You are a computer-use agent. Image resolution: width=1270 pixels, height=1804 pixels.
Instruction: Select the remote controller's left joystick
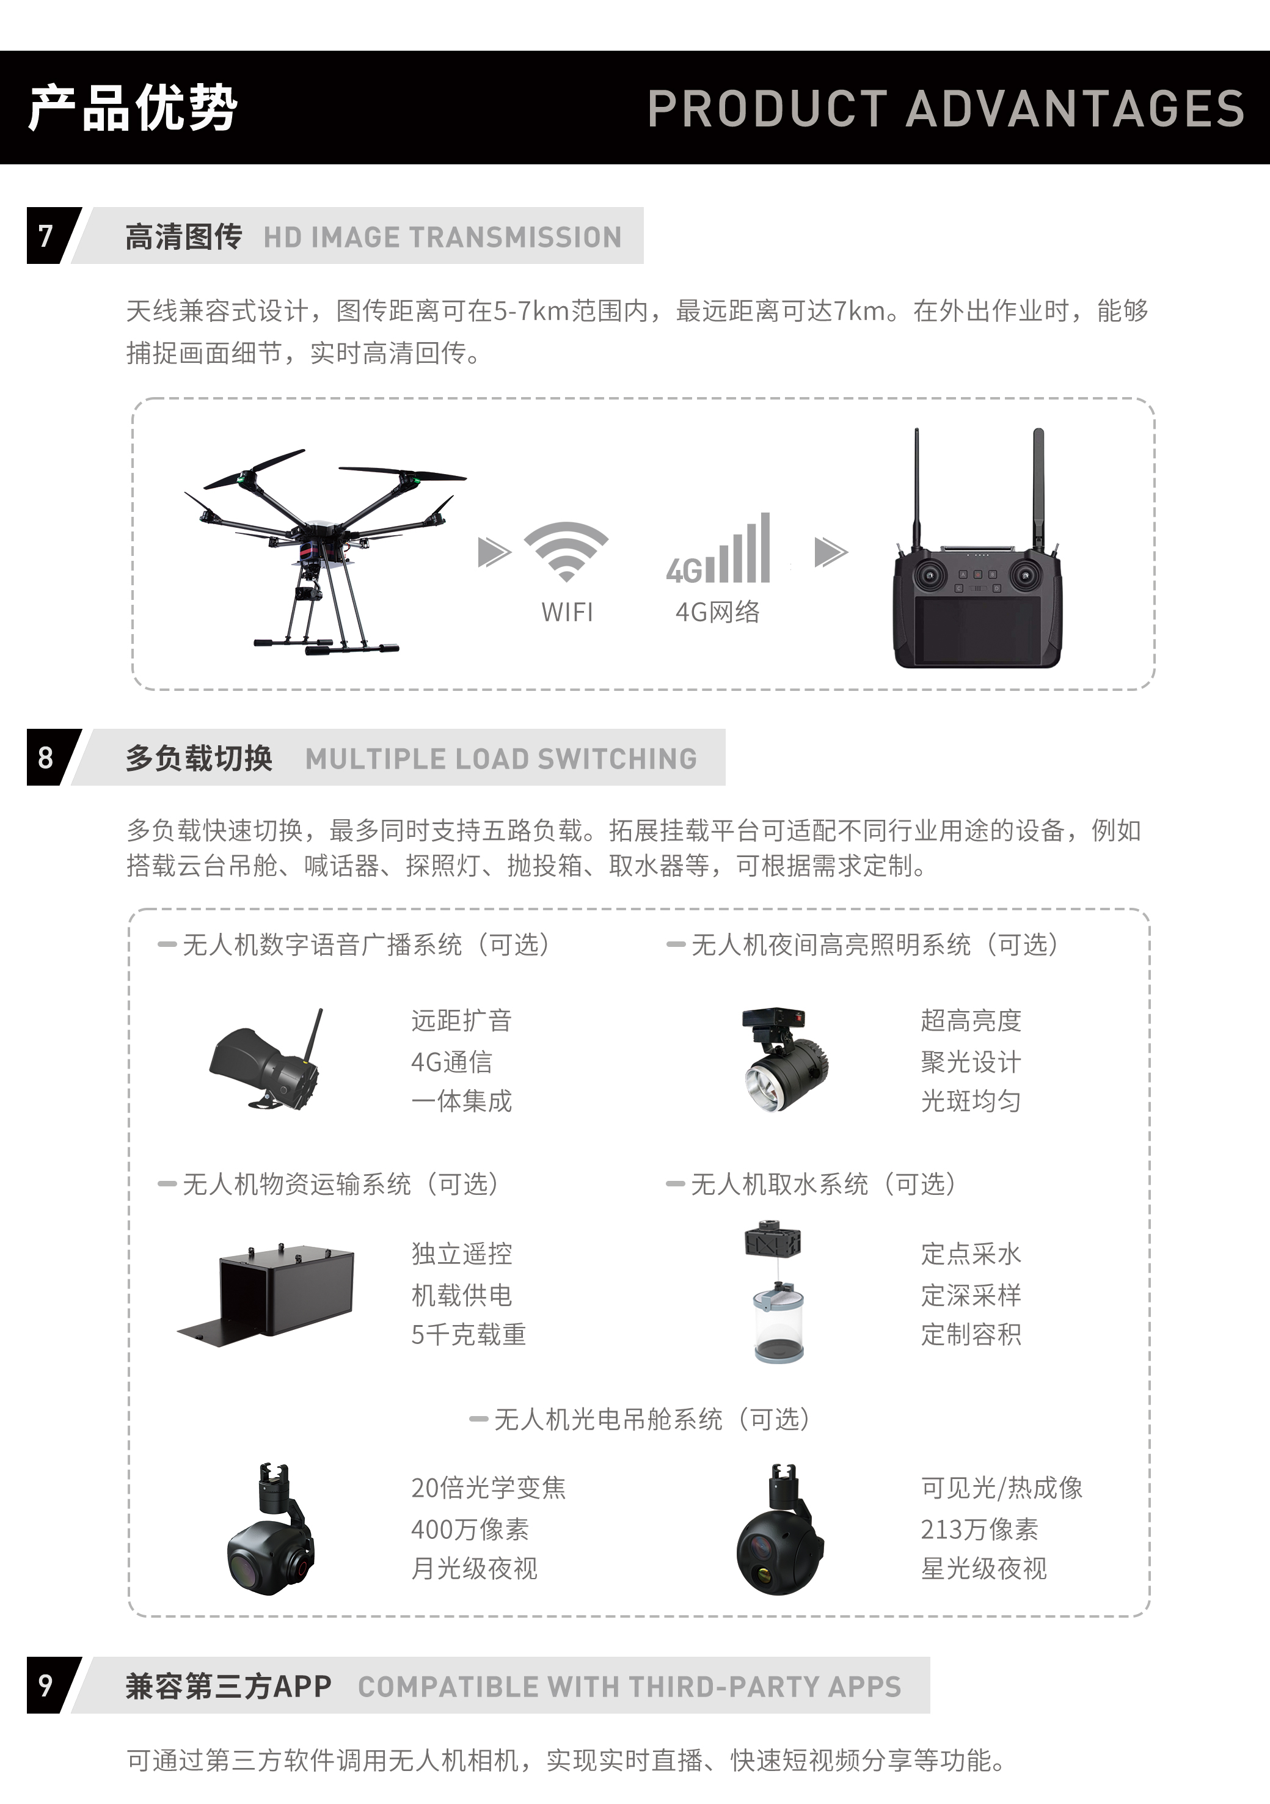tap(929, 575)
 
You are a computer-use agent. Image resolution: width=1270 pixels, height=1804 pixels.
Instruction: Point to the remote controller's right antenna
tap(1038, 487)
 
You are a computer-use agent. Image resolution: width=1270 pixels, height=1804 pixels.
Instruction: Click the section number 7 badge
tap(46, 236)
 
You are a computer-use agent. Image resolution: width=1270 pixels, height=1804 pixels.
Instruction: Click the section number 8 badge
tap(46, 758)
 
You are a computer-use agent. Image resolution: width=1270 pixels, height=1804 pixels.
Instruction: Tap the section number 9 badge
tap(46, 1685)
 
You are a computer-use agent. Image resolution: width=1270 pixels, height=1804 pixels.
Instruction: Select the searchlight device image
tap(784, 1061)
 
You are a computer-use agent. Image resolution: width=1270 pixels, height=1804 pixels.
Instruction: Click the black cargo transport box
tap(271, 1293)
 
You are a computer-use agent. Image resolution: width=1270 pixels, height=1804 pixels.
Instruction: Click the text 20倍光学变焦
tap(488, 1488)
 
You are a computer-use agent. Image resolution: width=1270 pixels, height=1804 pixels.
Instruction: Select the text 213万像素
tap(979, 1529)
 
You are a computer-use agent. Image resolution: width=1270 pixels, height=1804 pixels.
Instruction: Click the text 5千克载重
tap(469, 1334)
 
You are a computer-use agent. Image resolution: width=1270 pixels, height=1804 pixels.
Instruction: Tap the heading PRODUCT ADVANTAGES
tap(946, 108)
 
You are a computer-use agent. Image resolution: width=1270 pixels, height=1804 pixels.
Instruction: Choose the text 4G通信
tap(452, 1062)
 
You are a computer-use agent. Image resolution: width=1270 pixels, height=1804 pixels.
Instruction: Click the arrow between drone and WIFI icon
tap(494, 552)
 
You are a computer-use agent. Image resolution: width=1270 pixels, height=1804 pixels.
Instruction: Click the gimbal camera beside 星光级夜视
tap(778, 1532)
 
